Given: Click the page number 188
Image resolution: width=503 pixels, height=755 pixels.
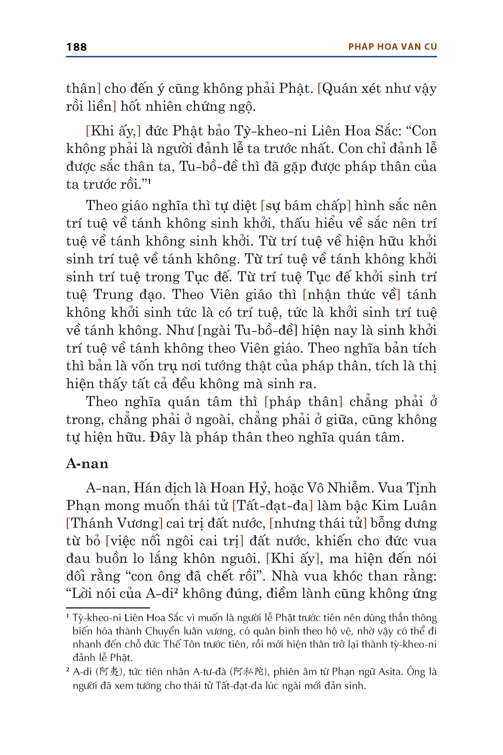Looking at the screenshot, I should tap(76, 47).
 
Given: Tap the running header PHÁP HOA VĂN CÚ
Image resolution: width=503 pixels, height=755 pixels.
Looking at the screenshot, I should tap(392, 47).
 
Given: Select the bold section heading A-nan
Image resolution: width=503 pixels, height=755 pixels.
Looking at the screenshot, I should tap(87, 464).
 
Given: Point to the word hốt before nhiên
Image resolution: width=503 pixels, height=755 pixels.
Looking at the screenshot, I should tap(131, 107).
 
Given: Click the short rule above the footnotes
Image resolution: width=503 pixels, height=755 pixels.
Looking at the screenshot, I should tap(108, 608).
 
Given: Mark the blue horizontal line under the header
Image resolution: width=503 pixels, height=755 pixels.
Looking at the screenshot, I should tap(251, 57).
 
